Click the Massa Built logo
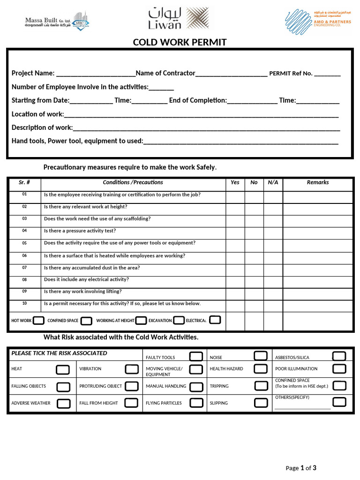pyautogui.click(x=56, y=22)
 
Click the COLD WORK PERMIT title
pyautogui.click(x=180, y=43)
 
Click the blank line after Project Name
pyautogui.click(x=95, y=74)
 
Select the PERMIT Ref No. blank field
pyautogui.click(x=327, y=74)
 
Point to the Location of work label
pyautogui.click(x=37, y=114)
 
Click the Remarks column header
pyautogui.click(x=317, y=182)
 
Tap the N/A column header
pyautogui.click(x=273, y=182)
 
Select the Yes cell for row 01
pyautogui.click(x=235, y=197)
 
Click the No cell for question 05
pyautogui.click(x=254, y=246)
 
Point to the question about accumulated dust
pyautogui.click(x=91, y=268)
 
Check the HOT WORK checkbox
pyautogui.click(x=39, y=321)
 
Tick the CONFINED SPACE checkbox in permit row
pyautogui.click(x=86, y=321)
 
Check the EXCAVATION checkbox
pyautogui.click(x=179, y=321)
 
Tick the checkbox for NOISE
pyautogui.click(x=261, y=356)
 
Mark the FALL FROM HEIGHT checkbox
pyautogui.click(x=131, y=402)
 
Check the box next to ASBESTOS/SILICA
pyautogui.click(x=339, y=356)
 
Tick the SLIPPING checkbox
pyautogui.click(x=261, y=403)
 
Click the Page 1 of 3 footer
pyautogui.click(x=301, y=468)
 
